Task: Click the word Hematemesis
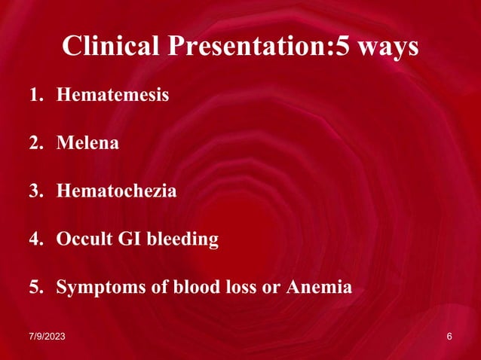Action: pyautogui.click(x=112, y=96)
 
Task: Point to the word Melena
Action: pyautogui.click(x=87, y=143)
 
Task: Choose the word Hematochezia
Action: pyautogui.click(x=116, y=191)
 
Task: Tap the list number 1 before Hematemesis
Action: pyautogui.click(x=35, y=96)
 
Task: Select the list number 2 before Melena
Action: pyautogui.click(x=35, y=143)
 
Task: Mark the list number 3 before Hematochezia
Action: pyautogui.click(x=35, y=191)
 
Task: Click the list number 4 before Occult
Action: pyautogui.click(x=35, y=239)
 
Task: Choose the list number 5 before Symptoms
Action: pyautogui.click(x=35, y=288)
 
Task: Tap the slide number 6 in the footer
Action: pyautogui.click(x=449, y=336)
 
